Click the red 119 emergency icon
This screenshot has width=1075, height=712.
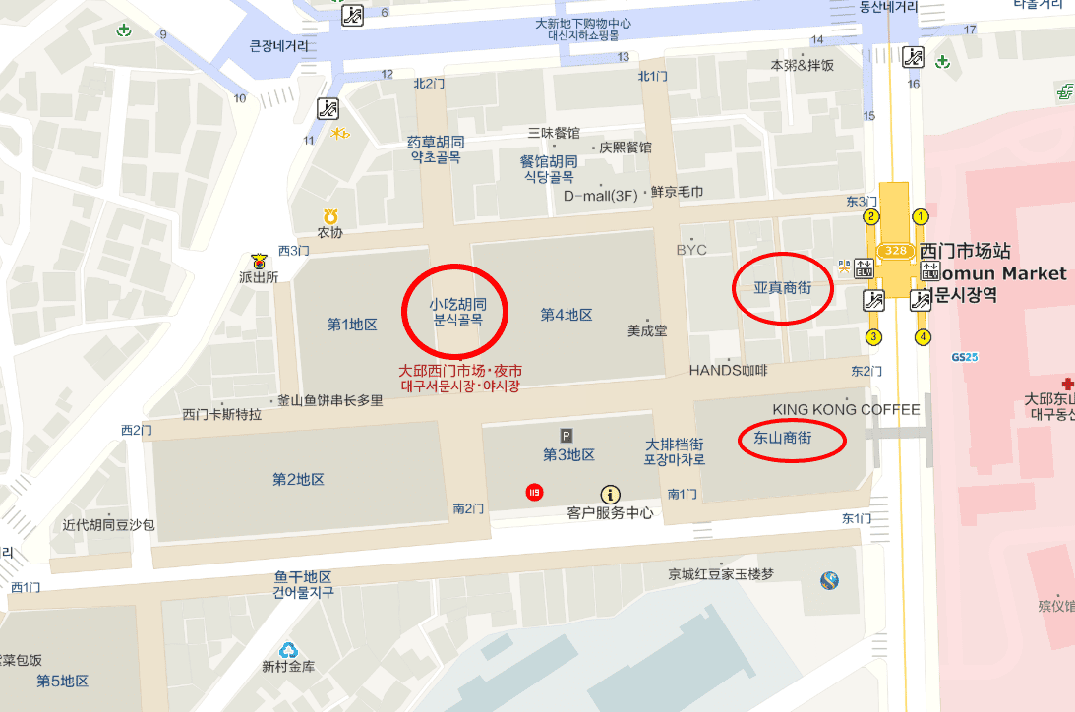click(x=534, y=492)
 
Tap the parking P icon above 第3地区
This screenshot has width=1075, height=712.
click(x=566, y=435)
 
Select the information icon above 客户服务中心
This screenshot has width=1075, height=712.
click(x=611, y=494)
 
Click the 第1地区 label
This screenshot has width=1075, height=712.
click(x=352, y=325)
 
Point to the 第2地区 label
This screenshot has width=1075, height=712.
click(x=298, y=480)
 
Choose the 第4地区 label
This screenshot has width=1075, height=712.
click(x=567, y=315)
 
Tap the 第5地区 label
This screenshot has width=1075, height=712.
click(x=62, y=681)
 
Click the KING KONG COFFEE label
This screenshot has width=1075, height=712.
click(x=847, y=409)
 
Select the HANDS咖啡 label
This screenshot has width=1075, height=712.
click(x=728, y=370)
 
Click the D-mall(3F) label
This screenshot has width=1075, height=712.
click(x=600, y=195)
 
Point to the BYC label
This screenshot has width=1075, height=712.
click(x=691, y=250)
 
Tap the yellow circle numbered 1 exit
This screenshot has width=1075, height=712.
click(x=921, y=216)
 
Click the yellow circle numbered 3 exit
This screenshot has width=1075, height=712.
click(x=872, y=338)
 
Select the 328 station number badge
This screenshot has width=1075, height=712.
click(x=896, y=251)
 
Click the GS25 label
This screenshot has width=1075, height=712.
click(x=965, y=357)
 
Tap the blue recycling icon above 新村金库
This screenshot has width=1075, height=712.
click(x=288, y=650)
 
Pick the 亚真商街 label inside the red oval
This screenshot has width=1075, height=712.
click(x=783, y=288)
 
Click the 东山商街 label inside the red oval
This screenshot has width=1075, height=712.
click(x=782, y=439)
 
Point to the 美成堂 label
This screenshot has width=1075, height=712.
click(x=647, y=331)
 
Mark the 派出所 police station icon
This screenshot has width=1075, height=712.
click(x=259, y=262)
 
